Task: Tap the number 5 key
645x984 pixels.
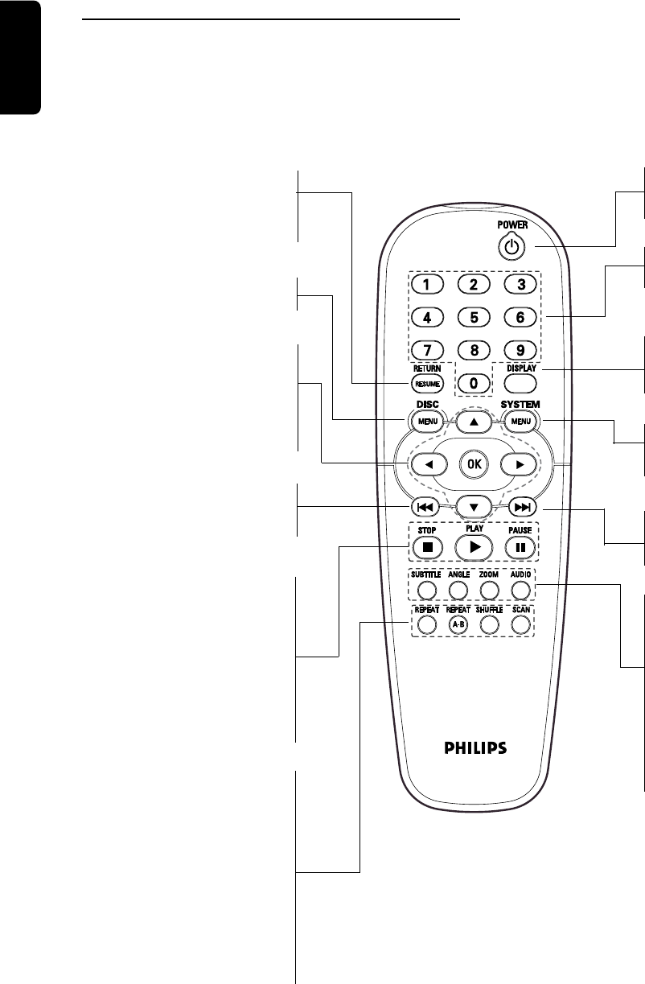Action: (474, 317)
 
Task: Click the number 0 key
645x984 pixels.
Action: (474, 384)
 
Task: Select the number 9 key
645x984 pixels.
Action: (520, 351)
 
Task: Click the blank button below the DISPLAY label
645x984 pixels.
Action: (520, 384)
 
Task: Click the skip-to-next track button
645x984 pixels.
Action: (521, 507)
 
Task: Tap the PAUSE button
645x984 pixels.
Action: (520, 546)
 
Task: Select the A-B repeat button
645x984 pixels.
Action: (458, 624)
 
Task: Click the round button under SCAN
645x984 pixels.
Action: (520, 624)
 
